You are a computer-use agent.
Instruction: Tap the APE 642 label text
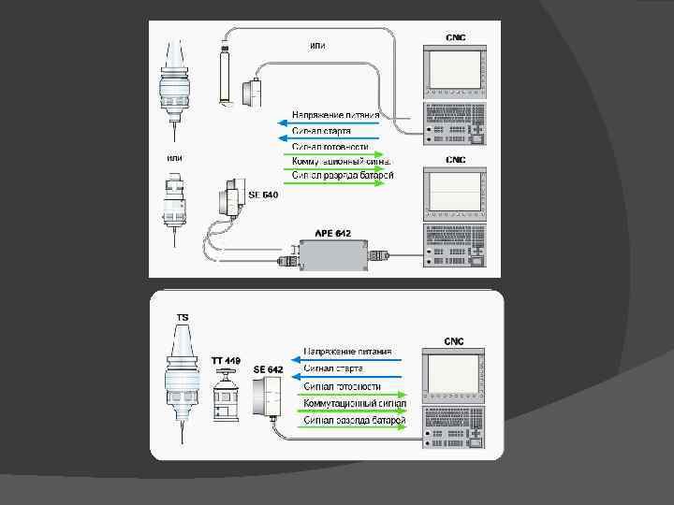pyautogui.click(x=332, y=232)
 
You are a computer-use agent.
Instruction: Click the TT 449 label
pyautogui.click(x=226, y=359)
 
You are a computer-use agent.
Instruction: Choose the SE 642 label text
pyautogui.click(x=268, y=369)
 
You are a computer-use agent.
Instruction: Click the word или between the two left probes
pyautogui.click(x=174, y=157)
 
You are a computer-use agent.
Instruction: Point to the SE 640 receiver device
pyautogui.click(x=230, y=199)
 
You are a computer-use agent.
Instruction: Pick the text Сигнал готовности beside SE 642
pyautogui.click(x=343, y=386)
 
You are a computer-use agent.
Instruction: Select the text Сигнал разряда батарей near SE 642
pyautogui.click(x=354, y=420)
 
